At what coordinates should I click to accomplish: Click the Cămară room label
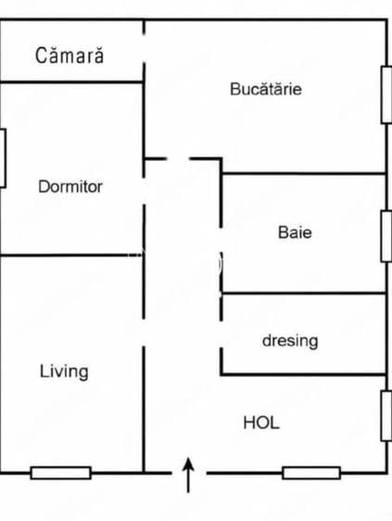click(70, 55)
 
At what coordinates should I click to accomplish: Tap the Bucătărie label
click(266, 89)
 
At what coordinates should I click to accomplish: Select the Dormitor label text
click(70, 186)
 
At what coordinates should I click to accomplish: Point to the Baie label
click(295, 232)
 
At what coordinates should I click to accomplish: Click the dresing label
click(290, 341)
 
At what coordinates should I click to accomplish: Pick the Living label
click(64, 371)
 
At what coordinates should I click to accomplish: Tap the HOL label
click(261, 423)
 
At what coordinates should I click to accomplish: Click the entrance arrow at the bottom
click(188, 475)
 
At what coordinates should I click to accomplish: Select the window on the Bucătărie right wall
click(386, 95)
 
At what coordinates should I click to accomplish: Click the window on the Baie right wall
click(386, 236)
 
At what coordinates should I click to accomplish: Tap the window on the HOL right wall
click(386, 416)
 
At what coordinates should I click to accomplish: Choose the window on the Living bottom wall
click(61, 473)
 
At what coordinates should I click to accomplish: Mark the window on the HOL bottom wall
click(311, 473)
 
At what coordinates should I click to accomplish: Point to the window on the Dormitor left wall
click(3, 158)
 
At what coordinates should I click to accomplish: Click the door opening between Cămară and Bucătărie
click(144, 48)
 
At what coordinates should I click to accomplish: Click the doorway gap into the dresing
click(221, 334)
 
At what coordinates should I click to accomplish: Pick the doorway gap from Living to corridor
click(144, 332)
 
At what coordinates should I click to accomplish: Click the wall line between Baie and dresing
click(304, 293)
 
